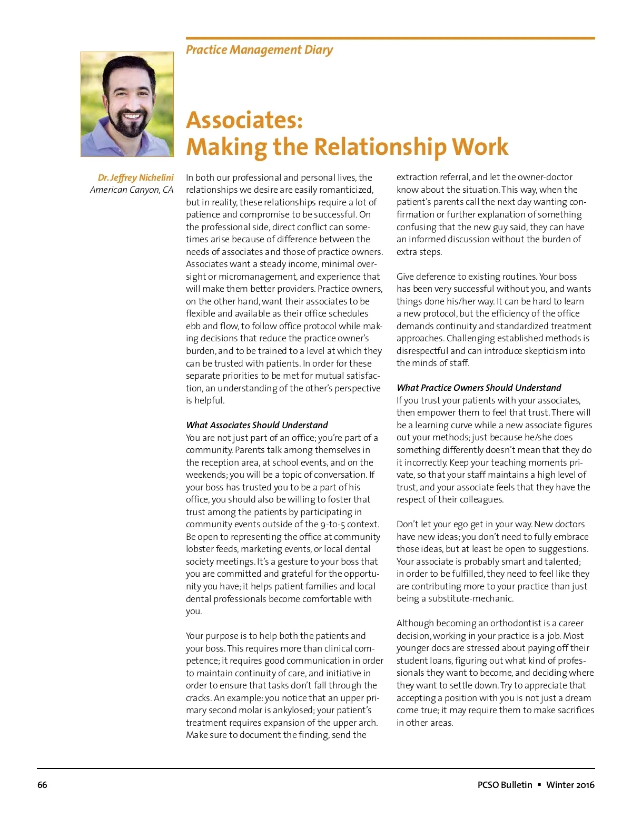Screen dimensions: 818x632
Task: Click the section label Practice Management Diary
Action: click(259, 50)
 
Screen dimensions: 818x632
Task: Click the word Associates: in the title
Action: click(244, 120)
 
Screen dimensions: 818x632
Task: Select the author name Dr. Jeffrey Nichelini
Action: click(135, 178)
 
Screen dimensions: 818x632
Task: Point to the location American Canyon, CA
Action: click(131, 190)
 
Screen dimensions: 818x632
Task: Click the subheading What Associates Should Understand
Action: click(256, 425)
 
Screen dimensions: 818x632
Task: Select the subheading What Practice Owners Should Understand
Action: click(479, 388)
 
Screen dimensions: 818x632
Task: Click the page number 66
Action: click(42, 785)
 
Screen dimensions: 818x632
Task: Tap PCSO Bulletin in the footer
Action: click(505, 785)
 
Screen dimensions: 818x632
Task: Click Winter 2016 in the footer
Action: click(570, 785)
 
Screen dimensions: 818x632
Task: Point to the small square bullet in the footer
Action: click(539, 785)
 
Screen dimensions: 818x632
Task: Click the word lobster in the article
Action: click(200, 549)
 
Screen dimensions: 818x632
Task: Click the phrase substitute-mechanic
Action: click(470, 598)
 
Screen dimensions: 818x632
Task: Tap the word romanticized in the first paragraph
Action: click(346, 190)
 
